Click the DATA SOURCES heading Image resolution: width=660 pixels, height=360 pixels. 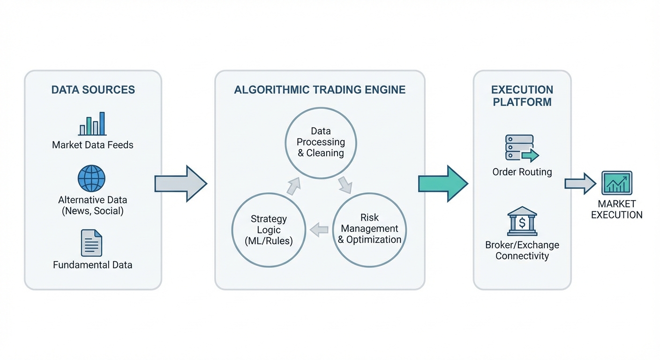[93, 90]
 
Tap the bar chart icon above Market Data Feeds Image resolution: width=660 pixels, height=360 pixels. [92, 124]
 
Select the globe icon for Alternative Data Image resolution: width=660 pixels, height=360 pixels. [91, 178]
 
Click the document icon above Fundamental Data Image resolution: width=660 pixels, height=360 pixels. [91, 243]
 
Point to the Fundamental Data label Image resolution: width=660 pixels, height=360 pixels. [93, 265]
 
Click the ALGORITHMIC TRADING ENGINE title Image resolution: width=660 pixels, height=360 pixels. [320, 90]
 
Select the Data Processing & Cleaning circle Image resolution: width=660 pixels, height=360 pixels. [321, 142]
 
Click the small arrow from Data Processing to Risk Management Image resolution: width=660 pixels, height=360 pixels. [345, 185]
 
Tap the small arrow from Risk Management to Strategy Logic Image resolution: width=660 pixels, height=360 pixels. [319, 230]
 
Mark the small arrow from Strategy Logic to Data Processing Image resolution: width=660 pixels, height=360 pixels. [293, 186]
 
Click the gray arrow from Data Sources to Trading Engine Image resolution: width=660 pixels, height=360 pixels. [180, 184]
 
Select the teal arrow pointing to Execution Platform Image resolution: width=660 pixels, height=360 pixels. [442, 184]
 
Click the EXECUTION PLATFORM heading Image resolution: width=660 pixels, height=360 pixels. [522, 96]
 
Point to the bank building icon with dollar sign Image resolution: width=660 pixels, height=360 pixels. [522, 221]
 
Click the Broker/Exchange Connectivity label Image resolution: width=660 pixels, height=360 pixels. [522, 250]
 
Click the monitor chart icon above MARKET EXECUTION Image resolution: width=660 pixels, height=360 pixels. [616, 183]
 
